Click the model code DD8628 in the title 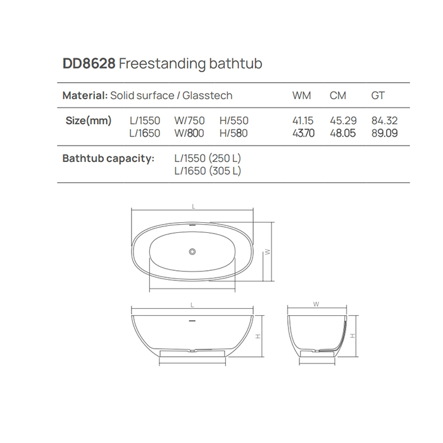[89, 63]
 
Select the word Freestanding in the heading [163, 64]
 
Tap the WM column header [301, 96]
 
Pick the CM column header [337, 96]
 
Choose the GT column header [378, 96]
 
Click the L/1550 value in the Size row [145, 121]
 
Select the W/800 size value [189, 133]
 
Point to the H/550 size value [234, 121]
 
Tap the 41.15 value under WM [303, 121]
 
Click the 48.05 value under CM [343, 133]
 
